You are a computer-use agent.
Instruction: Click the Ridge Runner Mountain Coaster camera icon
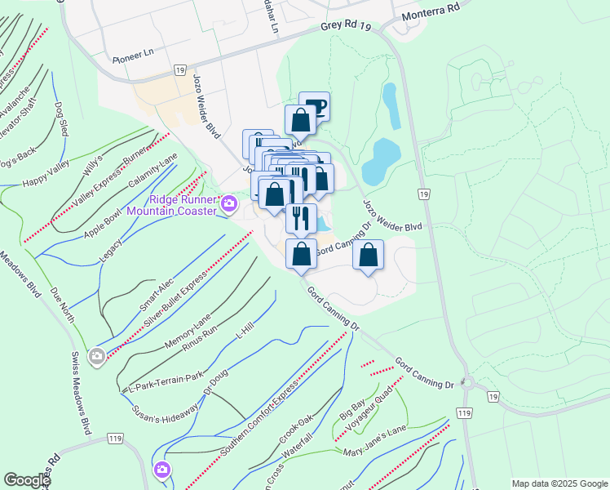(229, 203)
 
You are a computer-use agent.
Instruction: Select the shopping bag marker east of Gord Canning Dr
(369, 256)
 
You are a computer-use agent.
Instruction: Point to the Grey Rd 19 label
(346, 28)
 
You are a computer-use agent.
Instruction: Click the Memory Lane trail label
(188, 330)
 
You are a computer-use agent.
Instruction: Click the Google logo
(27, 480)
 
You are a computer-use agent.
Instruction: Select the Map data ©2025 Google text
(559, 483)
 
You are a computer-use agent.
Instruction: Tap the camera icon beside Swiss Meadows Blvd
(97, 355)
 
